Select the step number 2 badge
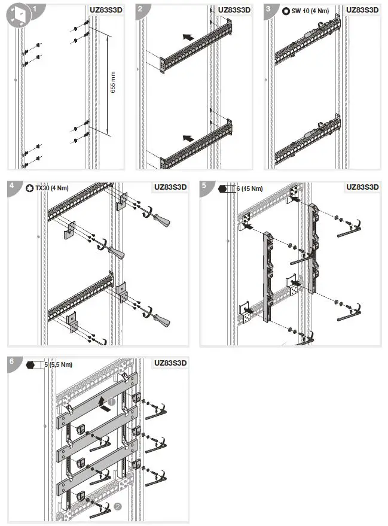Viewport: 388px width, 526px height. click(140, 10)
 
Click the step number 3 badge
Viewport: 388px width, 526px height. click(268, 10)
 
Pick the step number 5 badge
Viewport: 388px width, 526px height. click(204, 187)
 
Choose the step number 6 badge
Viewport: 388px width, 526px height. click(12, 361)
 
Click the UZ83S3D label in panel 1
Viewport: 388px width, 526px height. click(106, 10)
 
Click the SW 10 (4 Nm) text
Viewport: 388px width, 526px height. click(310, 11)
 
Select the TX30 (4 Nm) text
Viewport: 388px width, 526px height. click(52, 188)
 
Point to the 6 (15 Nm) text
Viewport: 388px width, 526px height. click(249, 188)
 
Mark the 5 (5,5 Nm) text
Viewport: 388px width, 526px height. click(59, 364)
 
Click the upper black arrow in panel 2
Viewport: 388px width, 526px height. click(188, 37)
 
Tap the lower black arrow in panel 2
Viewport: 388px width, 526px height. click(188, 138)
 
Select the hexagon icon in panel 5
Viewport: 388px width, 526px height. click(224, 188)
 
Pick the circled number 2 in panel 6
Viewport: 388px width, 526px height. click(118, 506)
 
